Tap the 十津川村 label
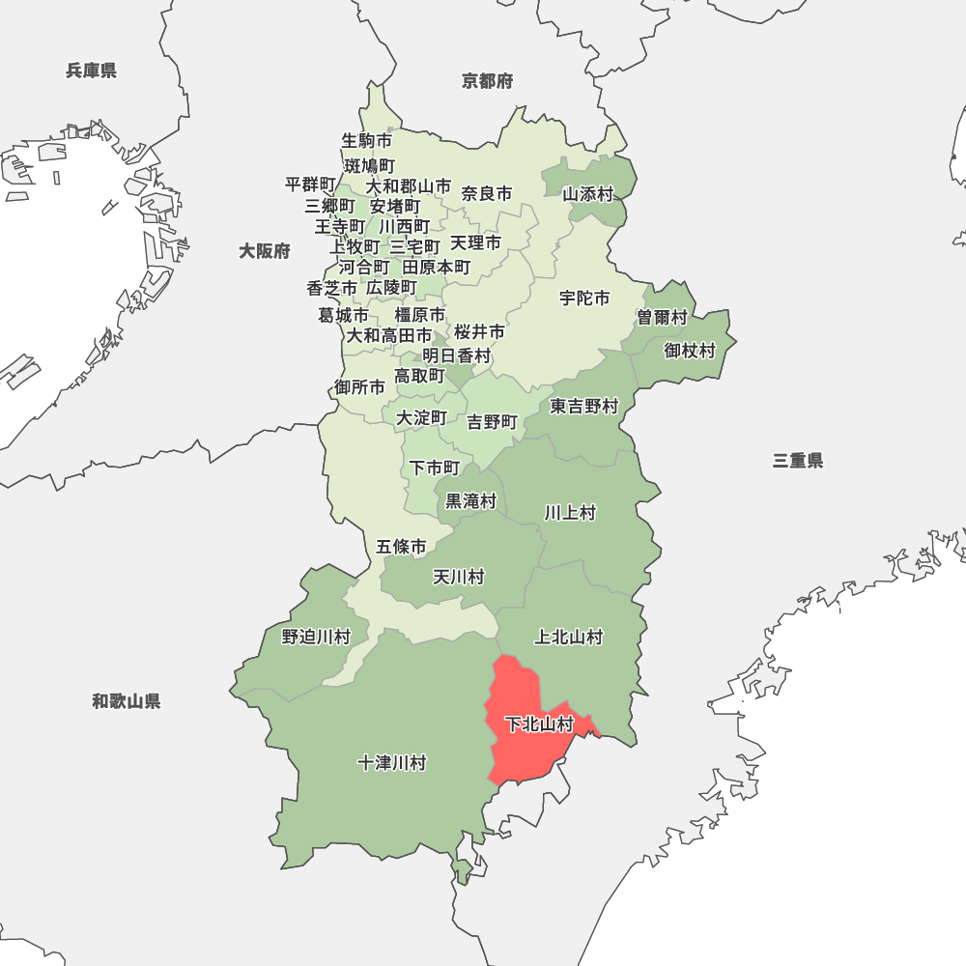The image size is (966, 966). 391,763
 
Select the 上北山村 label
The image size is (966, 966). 569,637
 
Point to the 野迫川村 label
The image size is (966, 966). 316,637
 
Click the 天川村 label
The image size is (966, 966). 458,577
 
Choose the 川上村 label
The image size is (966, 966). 569,512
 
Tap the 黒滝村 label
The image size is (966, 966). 470,501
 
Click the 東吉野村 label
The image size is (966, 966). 584,407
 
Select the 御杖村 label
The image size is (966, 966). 690,351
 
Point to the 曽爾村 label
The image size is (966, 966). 662,318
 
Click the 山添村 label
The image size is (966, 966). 588,194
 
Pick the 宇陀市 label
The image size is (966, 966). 584,298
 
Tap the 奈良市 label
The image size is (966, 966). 487,194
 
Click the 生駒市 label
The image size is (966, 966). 367,141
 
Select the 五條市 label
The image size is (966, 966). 401,547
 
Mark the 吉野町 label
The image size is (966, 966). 493,422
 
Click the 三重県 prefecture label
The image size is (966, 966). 798,461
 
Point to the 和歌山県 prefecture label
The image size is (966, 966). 127,701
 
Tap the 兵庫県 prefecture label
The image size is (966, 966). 92,71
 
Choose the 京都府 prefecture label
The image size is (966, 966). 487,81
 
